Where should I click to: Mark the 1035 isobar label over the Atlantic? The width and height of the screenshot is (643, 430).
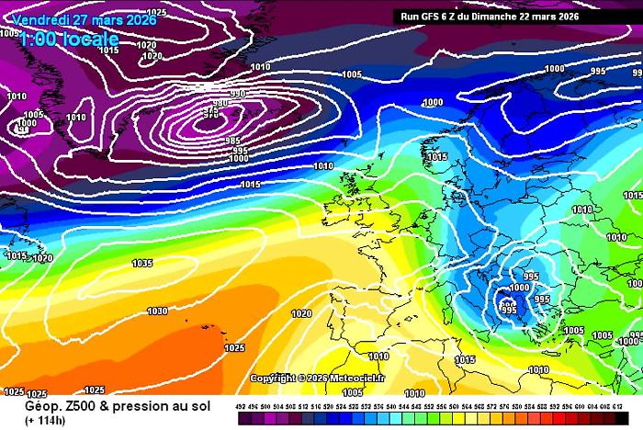(x=141, y=264)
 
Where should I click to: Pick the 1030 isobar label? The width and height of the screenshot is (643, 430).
(x=157, y=311)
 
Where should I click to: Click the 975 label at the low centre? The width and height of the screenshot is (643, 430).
(x=211, y=114)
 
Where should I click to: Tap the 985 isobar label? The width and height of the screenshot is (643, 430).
(x=232, y=141)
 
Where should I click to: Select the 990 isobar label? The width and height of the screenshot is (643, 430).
(x=238, y=94)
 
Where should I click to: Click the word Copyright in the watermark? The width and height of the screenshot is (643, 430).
(x=273, y=378)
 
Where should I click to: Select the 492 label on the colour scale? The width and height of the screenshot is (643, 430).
(x=241, y=405)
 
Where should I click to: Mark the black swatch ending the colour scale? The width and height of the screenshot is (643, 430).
(x=633, y=418)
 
